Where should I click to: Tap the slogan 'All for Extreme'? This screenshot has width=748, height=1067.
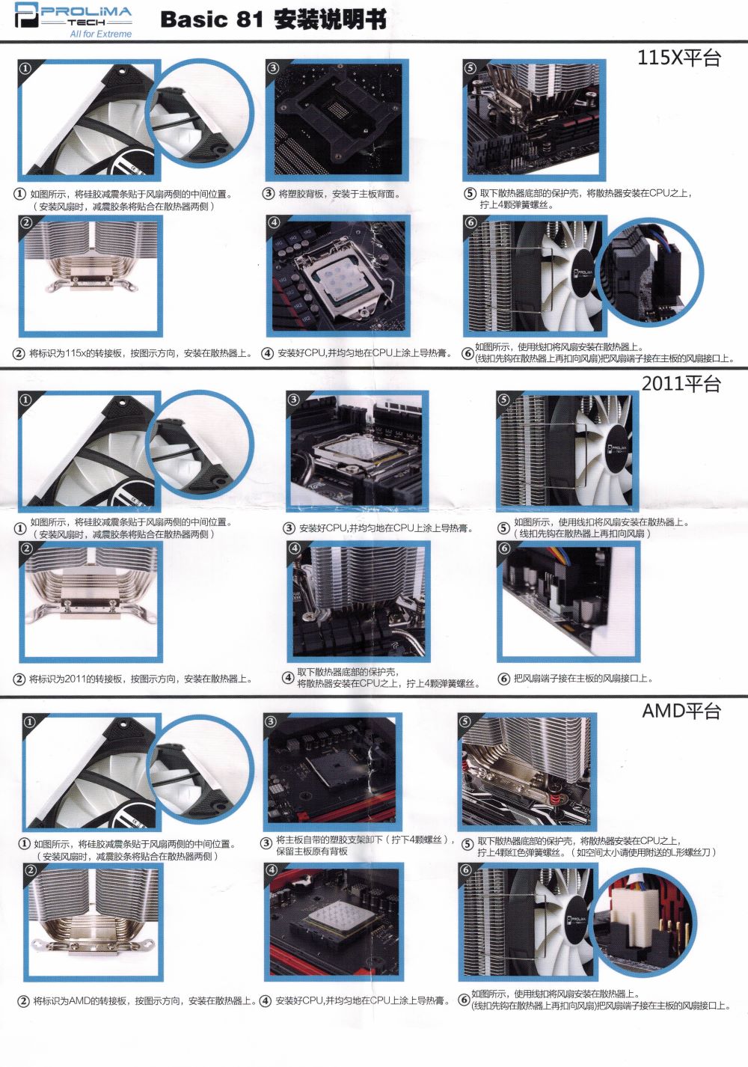point(101,34)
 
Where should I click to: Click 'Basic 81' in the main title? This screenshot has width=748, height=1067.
point(212,20)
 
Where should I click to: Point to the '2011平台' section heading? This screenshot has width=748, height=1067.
point(681,385)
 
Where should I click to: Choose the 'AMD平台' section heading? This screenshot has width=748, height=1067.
point(681,711)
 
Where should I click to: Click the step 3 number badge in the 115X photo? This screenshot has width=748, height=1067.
point(273,68)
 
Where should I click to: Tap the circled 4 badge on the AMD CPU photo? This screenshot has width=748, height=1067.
point(271,870)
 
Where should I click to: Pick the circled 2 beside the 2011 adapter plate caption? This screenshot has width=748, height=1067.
point(19,679)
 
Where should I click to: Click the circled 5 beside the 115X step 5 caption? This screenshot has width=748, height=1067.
point(470,194)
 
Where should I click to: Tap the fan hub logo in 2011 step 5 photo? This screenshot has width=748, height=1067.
point(619,452)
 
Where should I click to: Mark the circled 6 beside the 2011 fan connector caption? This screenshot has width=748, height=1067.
point(503,679)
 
